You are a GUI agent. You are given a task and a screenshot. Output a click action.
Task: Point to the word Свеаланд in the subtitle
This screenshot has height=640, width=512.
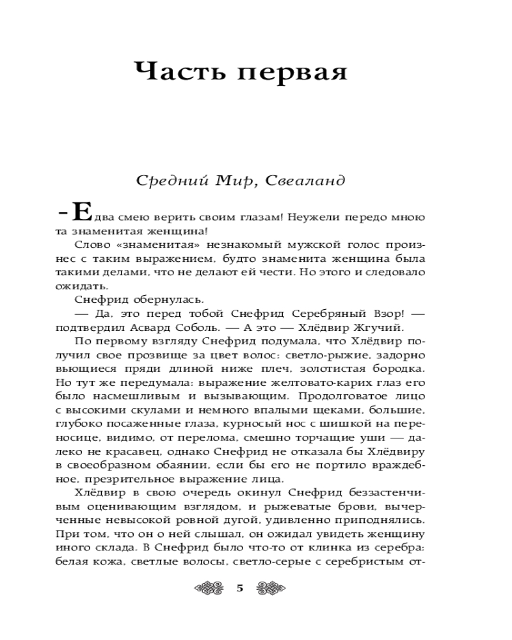(310, 181)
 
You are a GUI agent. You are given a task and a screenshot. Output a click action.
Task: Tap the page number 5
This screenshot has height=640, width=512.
(240, 589)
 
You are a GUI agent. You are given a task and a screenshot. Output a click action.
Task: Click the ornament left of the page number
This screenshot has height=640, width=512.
(212, 589)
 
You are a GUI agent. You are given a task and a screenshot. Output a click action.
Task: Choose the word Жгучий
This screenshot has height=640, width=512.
(373, 327)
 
